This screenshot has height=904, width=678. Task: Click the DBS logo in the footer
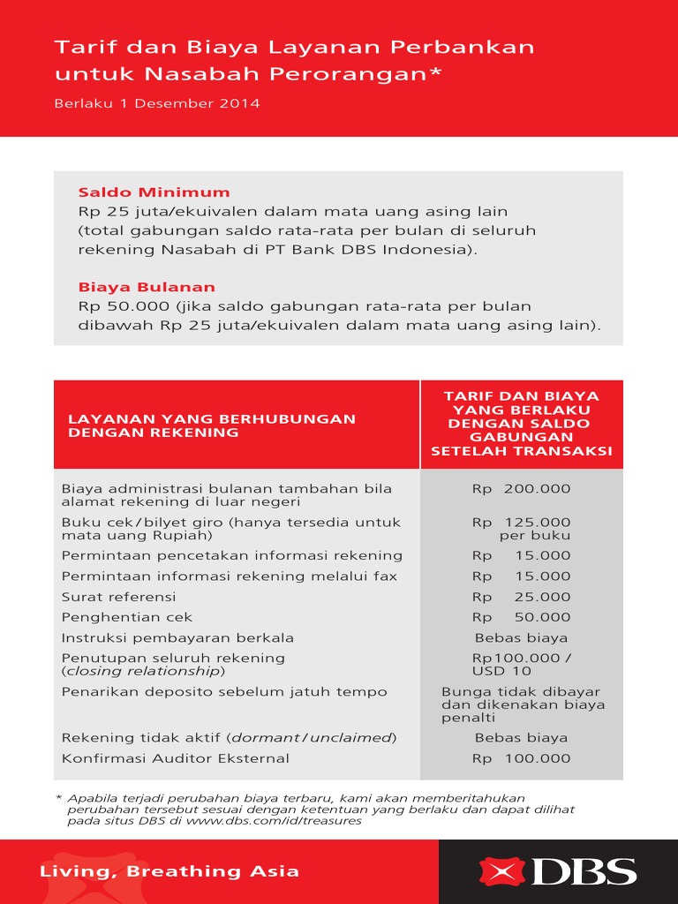(558, 871)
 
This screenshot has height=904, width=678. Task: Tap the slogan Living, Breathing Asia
(169, 871)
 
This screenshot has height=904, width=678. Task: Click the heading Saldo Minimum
(154, 192)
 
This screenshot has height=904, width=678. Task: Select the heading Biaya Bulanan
(147, 287)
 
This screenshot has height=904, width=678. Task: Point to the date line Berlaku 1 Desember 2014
(157, 103)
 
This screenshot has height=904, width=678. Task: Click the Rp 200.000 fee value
(521, 488)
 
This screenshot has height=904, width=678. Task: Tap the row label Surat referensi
(106, 597)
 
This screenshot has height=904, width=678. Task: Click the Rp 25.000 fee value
(521, 597)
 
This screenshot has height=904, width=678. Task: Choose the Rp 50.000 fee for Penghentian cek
(521, 617)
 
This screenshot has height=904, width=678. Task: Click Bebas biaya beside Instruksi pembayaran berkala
(521, 637)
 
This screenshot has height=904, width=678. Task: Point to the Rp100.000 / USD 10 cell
(521, 664)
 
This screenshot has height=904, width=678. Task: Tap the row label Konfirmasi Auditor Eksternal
(175, 758)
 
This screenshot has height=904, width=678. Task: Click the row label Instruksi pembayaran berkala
(177, 637)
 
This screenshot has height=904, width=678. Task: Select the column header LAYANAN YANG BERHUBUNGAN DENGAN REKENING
(212, 426)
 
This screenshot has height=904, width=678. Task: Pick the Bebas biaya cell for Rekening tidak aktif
(521, 738)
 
